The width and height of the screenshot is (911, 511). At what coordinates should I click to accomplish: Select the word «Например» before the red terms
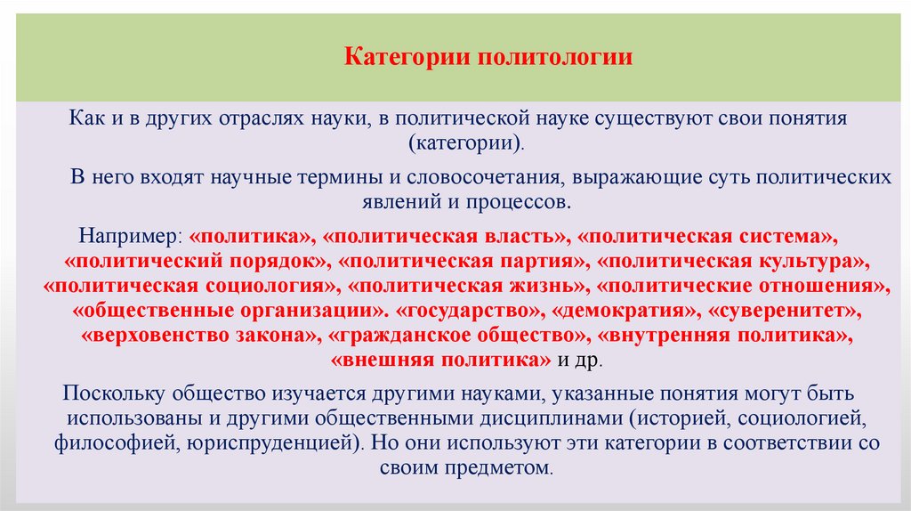(x=129, y=238)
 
